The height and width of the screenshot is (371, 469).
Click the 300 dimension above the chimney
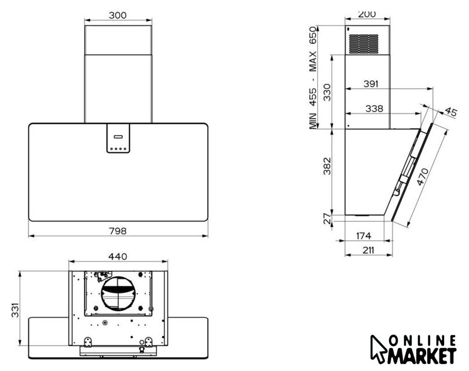point(118,15)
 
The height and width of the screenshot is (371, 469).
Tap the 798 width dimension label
point(118,231)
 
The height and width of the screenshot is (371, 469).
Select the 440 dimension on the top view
point(118,257)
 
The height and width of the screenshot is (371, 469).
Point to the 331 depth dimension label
point(15,310)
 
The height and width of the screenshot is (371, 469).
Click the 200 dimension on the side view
point(367,14)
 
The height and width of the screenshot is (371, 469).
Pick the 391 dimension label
point(371,84)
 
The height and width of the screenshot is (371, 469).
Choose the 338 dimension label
point(374,108)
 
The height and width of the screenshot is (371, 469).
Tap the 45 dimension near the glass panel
point(451,112)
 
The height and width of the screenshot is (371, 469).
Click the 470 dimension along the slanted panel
point(423,177)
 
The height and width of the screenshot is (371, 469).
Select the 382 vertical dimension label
point(327,166)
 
